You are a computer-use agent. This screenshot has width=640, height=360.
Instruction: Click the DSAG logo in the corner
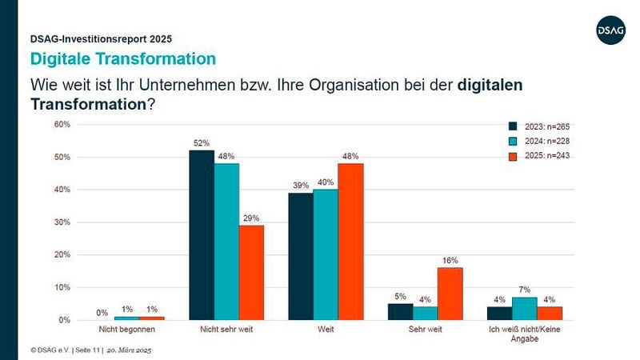[x=610, y=31]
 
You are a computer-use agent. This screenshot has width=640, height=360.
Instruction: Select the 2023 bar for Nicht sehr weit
[x=202, y=235]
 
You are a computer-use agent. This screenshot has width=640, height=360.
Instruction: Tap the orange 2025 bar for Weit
[x=350, y=242]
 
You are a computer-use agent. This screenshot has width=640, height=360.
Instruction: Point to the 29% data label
[x=251, y=218]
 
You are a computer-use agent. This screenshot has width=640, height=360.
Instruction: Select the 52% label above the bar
[x=202, y=143]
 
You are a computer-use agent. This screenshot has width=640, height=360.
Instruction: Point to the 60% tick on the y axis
[x=62, y=125]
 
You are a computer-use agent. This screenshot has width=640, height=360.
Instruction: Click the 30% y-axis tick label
[x=62, y=222]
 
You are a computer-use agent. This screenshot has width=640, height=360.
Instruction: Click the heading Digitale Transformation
[x=122, y=58]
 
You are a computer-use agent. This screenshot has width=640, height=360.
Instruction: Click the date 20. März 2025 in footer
[x=130, y=350]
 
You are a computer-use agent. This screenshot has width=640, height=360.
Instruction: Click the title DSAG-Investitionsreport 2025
[x=101, y=38]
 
